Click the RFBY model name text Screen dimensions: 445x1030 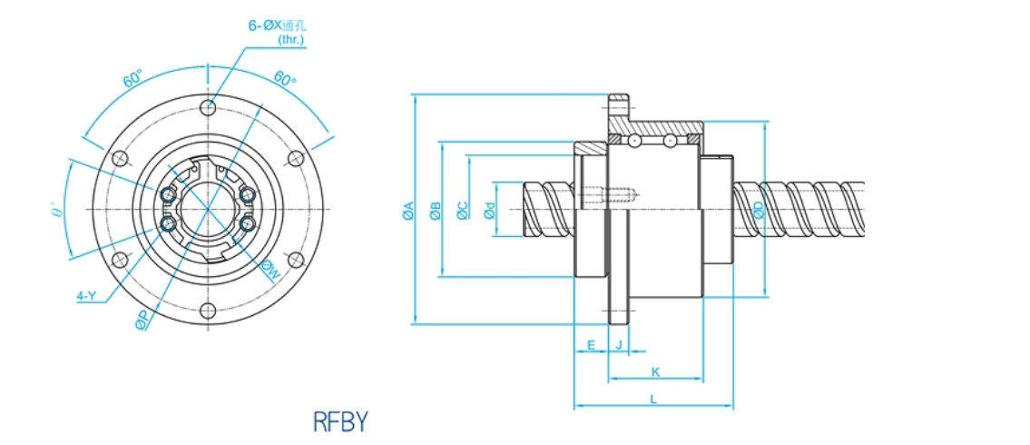340,421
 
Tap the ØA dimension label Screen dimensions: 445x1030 407,211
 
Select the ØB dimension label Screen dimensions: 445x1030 436,211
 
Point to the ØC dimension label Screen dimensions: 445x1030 463,211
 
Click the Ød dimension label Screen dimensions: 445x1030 490,211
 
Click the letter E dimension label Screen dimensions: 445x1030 591,344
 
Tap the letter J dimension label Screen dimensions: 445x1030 619,344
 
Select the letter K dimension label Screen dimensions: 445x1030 654,371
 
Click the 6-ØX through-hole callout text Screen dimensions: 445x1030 278,25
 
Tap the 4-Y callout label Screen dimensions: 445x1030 87,295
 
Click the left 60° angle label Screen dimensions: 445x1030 132,79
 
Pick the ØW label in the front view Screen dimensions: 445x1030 270,269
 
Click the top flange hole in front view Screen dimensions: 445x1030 209,107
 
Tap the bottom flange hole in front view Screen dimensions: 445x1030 209,311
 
